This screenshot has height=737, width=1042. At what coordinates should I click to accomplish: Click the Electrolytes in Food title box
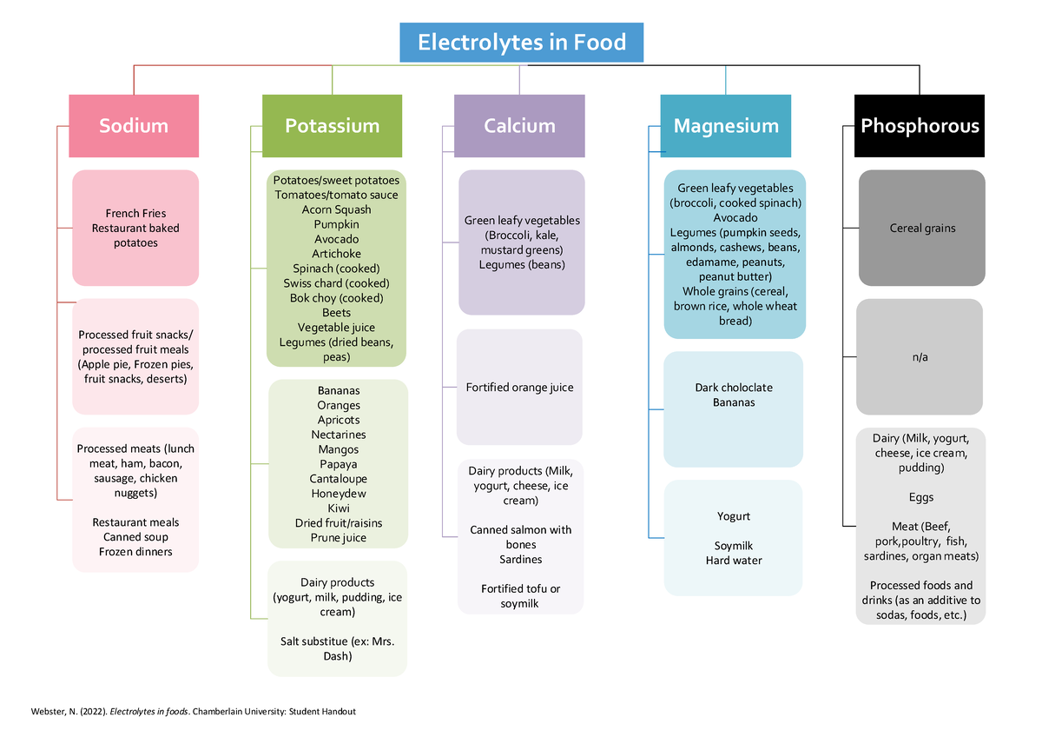tap(521, 43)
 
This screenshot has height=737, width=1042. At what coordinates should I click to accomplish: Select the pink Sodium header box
tap(134, 126)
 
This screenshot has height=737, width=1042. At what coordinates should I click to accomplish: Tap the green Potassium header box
tap(333, 126)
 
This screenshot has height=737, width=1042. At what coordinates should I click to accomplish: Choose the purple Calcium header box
tap(519, 126)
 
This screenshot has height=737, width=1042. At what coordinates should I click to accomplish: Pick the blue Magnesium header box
tap(726, 126)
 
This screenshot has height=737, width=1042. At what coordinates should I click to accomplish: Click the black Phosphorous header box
tap(920, 126)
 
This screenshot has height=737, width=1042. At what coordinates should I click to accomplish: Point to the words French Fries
tap(135, 214)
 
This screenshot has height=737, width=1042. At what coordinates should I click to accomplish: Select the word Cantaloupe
tap(338, 479)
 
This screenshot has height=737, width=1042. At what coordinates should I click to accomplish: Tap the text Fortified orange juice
tap(520, 388)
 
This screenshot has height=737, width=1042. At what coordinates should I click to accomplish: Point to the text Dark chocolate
tap(734, 388)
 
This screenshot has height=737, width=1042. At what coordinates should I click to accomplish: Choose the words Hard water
tap(734, 561)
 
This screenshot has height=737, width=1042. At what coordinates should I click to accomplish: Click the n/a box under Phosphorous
tap(920, 357)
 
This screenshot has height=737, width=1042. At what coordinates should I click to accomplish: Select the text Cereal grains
tap(922, 229)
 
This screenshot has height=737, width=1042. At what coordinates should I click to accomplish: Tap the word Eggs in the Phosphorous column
tap(921, 498)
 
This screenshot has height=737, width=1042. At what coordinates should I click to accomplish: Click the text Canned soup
tap(135, 537)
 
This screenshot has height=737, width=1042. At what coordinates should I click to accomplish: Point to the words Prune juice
tap(338, 538)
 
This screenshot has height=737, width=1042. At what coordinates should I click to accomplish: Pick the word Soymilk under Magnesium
tap(734, 546)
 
